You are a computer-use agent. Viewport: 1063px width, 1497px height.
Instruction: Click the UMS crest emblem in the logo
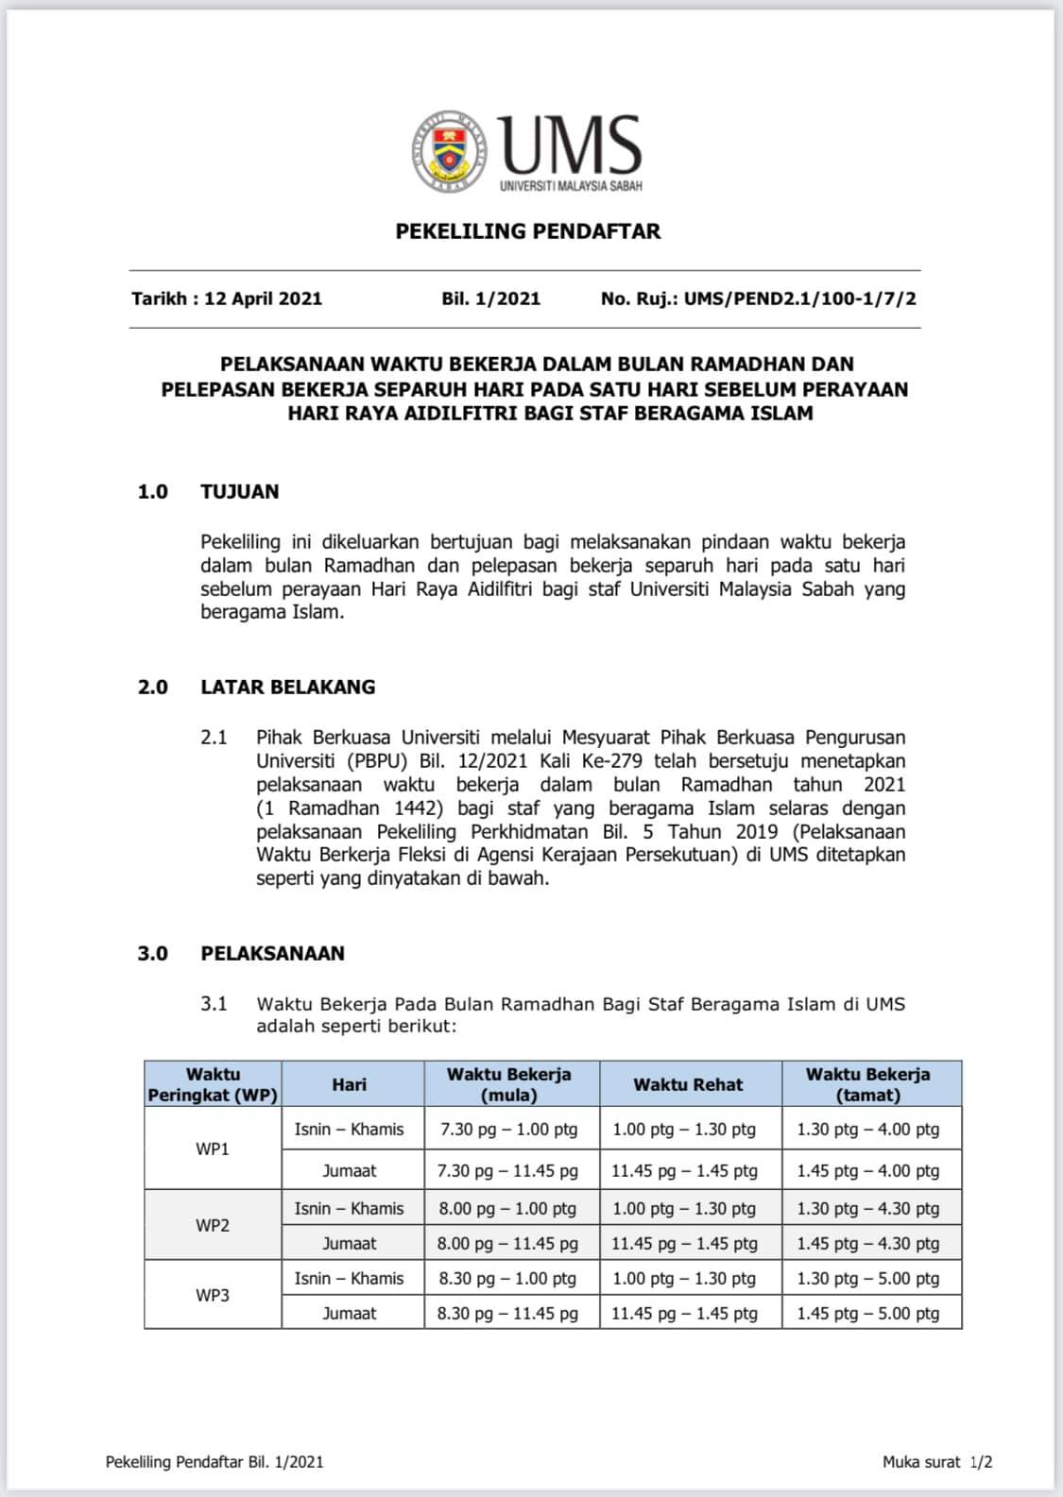450,151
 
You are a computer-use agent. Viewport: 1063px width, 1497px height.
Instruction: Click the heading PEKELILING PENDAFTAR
527,231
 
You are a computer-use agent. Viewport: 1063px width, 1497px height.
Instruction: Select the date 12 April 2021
263,298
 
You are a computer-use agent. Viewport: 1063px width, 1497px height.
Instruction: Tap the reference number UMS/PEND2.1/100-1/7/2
799,298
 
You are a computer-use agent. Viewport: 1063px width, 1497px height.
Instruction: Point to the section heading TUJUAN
240,491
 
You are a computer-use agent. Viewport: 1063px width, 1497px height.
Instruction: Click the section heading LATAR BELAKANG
287,687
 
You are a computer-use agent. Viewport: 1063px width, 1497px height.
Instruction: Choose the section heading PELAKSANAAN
272,953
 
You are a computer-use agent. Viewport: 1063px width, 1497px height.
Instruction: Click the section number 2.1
214,737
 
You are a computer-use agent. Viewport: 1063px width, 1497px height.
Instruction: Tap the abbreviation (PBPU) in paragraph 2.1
375,760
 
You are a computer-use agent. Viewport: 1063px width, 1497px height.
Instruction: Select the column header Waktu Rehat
688,1084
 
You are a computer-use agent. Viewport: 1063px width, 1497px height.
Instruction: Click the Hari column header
349,1084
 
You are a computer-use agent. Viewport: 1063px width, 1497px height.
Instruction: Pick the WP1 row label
213,1148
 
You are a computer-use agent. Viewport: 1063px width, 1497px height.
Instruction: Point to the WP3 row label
213,1295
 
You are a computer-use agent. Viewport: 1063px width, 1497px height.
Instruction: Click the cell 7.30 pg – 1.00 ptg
508,1129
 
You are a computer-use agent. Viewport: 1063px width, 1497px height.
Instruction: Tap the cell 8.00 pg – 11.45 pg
507,1243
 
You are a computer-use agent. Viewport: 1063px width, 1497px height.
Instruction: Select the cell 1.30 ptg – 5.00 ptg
867,1278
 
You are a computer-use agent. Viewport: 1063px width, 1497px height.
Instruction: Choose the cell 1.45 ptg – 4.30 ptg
867,1243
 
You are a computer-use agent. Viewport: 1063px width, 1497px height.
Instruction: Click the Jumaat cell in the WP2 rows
350,1243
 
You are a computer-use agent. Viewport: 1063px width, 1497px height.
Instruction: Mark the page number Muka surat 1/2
936,1462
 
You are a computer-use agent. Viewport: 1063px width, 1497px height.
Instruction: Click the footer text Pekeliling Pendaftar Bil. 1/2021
214,1462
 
